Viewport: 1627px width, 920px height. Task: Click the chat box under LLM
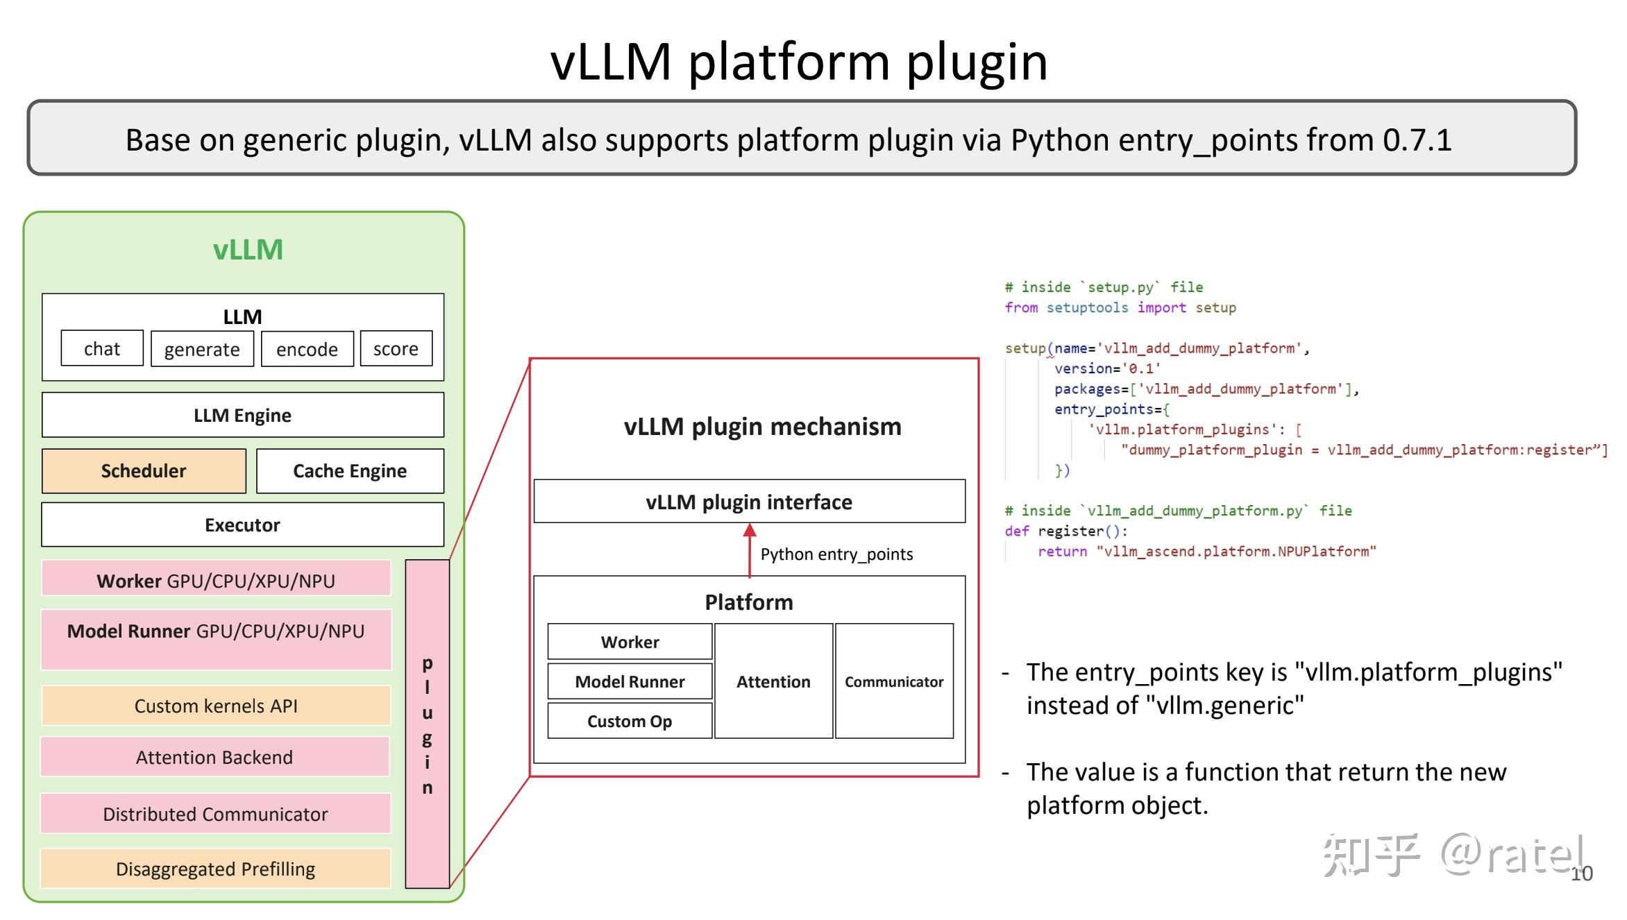point(102,348)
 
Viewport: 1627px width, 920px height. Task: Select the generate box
point(202,349)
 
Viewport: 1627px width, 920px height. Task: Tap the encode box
point(307,349)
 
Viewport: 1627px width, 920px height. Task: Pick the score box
point(396,348)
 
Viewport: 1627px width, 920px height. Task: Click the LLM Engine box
point(242,415)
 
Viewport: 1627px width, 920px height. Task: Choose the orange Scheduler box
point(144,471)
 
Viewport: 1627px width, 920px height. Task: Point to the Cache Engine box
point(350,471)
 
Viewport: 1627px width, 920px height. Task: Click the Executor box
point(242,525)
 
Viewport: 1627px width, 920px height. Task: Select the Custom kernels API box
point(215,706)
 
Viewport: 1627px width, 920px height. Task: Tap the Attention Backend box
point(215,757)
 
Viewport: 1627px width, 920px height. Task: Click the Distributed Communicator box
point(215,814)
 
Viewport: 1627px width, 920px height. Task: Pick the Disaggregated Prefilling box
point(215,869)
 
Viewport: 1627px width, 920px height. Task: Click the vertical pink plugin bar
point(428,724)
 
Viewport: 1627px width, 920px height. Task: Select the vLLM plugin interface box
point(749,501)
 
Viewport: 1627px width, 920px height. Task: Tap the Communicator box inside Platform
point(894,681)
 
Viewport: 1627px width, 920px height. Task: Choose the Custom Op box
point(630,721)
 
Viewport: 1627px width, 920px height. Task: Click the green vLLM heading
point(248,250)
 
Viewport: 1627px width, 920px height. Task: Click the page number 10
point(1581,874)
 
